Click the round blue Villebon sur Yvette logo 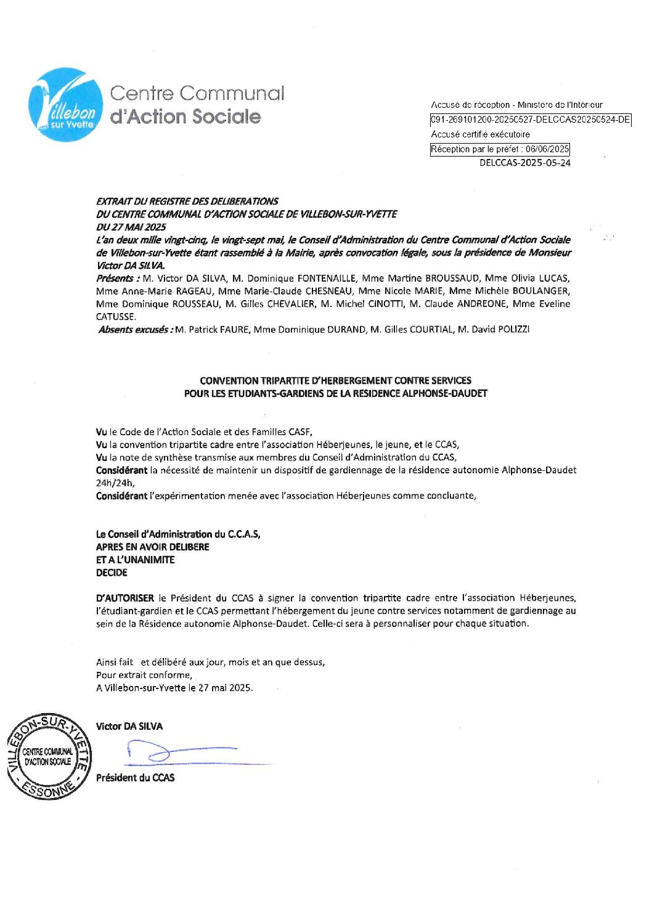tap(66, 105)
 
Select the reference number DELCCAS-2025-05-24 tap(524, 163)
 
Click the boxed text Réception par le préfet tap(499, 149)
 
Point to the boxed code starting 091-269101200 tap(530, 120)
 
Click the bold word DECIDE tap(112, 573)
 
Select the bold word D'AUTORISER tap(125, 598)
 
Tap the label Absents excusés tap(135, 330)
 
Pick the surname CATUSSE tap(115, 317)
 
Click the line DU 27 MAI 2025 tap(131, 227)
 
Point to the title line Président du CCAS tap(135, 778)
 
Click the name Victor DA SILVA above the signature tap(129, 727)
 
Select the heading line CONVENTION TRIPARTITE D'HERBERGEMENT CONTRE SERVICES tap(335, 380)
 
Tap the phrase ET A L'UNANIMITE tap(135, 560)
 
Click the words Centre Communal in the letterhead tap(197, 94)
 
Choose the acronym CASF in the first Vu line tap(301, 432)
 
